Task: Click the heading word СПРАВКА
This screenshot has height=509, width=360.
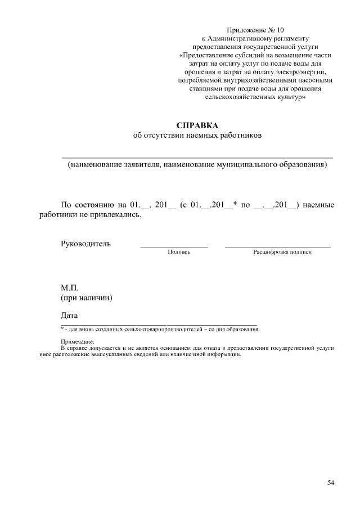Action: pyautogui.click(x=197, y=125)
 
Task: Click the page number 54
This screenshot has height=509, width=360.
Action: pyautogui.click(x=331, y=482)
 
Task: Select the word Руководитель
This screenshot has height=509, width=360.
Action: pyautogui.click(x=85, y=244)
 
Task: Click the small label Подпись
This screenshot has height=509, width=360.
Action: pyautogui.click(x=179, y=253)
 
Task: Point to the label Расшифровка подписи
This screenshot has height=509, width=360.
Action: pyautogui.click(x=282, y=253)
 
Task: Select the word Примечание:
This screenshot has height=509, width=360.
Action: pyautogui.click(x=78, y=341)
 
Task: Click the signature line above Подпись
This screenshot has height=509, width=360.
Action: pyautogui.click(x=174, y=247)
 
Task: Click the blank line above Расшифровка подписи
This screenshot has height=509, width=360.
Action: pyautogui.click(x=278, y=247)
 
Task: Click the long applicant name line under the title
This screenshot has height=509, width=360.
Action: pyautogui.click(x=197, y=157)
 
